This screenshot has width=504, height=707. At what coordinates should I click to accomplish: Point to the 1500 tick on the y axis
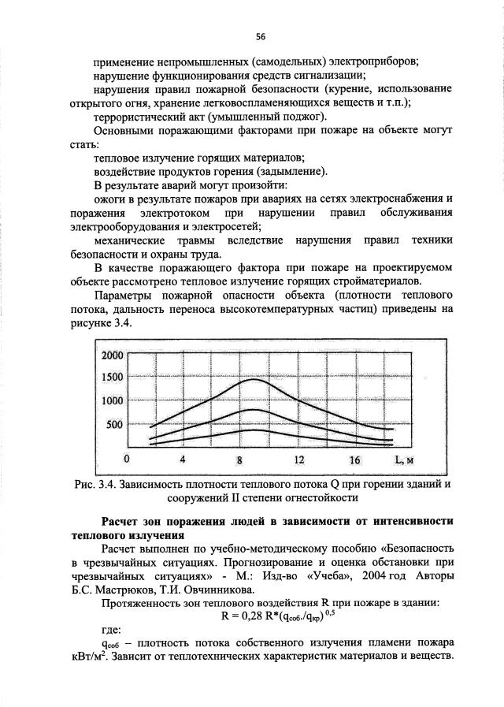(113, 377)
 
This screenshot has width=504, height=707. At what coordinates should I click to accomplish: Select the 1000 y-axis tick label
(113, 401)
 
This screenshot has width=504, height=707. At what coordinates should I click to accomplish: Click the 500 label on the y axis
(116, 425)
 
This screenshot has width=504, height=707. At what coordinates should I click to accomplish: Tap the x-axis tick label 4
(183, 460)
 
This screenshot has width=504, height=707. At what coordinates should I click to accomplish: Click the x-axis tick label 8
(242, 460)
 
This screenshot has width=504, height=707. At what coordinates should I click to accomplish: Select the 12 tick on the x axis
(299, 460)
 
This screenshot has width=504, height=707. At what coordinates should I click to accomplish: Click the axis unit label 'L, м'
(405, 460)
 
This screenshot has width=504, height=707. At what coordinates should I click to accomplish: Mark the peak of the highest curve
(254, 379)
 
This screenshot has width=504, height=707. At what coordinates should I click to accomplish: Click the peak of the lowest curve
(254, 430)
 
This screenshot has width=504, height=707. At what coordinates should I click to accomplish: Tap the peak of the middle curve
(254, 410)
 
